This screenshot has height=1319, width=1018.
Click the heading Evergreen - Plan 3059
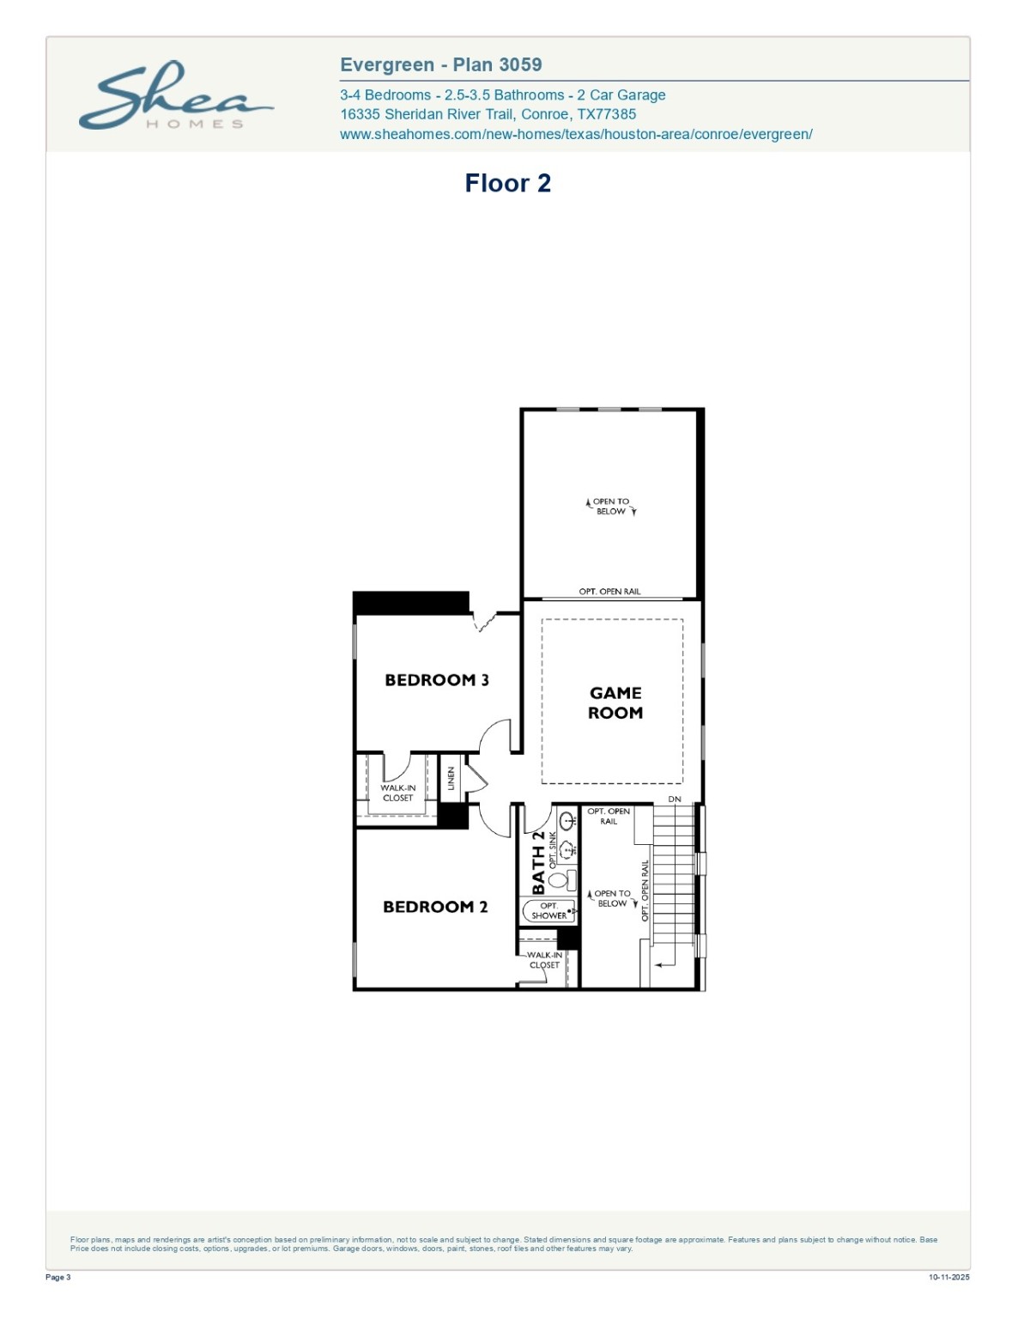pyautogui.click(x=440, y=64)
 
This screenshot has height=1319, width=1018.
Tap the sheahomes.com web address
pyautogui.click(x=576, y=134)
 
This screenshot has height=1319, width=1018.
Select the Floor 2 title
pyautogui.click(x=507, y=183)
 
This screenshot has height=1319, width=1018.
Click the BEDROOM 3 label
pyautogui.click(x=436, y=680)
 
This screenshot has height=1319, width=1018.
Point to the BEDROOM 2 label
pyautogui.click(x=434, y=907)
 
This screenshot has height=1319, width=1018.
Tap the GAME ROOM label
pyautogui.click(x=615, y=702)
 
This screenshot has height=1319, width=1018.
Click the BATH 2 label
pyautogui.click(x=538, y=862)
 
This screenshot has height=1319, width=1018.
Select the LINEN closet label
pyautogui.click(x=451, y=779)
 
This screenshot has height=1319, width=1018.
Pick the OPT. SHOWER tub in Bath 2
pyautogui.click(x=548, y=911)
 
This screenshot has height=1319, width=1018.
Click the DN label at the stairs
pyautogui.click(x=675, y=799)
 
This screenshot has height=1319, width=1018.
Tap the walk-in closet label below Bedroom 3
pyautogui.click(x=397, y=793)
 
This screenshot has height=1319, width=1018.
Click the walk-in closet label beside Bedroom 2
pyautogui.click(x=544, y=960)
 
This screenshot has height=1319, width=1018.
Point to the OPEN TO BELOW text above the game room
pyautogui.click(x=611, y=507)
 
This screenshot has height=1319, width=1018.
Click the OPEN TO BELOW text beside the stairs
pyautogui.click(x=612, y=898)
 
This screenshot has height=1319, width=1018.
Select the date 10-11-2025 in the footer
pyautogui.click(x=948, y=1277)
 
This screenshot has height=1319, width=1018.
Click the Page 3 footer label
pyautogui.click(x=58, y=1277)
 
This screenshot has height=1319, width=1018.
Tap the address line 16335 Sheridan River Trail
pyautogui.click(x=488, y=114)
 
